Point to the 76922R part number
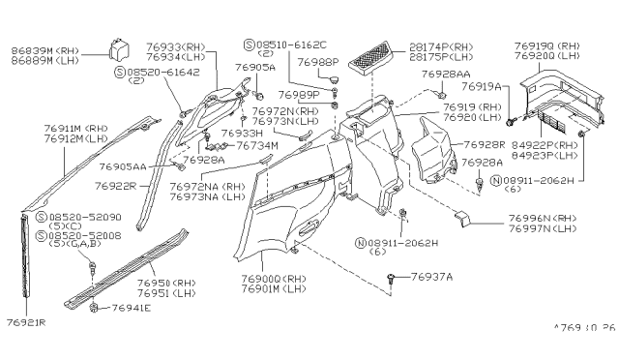tap(120, 184)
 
